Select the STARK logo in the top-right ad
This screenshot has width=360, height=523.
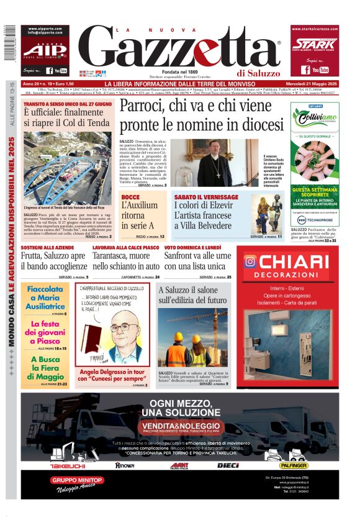314,45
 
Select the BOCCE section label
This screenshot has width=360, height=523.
130,197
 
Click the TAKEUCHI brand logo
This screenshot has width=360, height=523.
67,465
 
